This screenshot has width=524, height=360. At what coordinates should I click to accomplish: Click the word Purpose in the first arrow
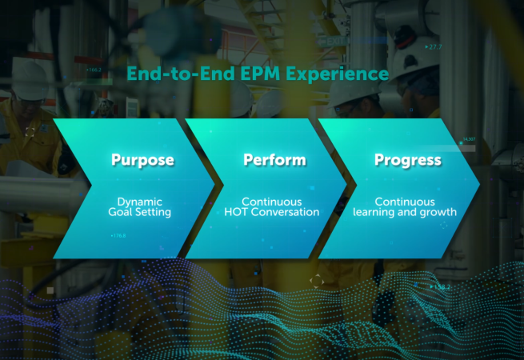[142, 160]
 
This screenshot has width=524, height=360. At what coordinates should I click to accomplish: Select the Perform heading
[274, 160]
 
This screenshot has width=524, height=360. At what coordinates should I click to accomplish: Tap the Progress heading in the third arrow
[408, 160]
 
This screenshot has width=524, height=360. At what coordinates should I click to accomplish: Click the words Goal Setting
[140, 213]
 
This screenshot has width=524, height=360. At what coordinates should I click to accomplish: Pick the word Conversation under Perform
[290, 213]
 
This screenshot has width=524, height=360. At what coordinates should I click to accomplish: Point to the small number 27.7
[434, 47]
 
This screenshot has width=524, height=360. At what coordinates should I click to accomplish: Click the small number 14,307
[468, 140]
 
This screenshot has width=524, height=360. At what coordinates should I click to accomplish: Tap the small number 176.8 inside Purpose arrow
[118, 235]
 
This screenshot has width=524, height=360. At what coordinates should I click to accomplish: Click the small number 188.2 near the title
[94, 70]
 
